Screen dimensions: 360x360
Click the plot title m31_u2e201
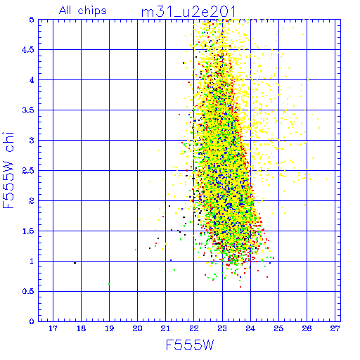(188, 12)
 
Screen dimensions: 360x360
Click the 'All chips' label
(83, 11)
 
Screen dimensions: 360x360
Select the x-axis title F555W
(190, 345)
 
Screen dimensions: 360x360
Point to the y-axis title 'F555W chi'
(8, 170)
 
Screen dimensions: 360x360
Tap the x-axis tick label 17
(53, 328)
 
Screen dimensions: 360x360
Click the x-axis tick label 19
(110, 328)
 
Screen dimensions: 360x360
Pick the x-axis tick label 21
(165, 328)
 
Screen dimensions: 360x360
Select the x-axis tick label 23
(222, 328)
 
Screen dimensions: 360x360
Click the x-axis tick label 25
(278, 328)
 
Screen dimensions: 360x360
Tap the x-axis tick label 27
(335, 328)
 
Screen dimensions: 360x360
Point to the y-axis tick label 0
(32, 321)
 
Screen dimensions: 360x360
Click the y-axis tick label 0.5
(28, 291)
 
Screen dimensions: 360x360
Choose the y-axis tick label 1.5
(28, 231)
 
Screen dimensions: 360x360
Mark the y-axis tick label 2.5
(28, 171)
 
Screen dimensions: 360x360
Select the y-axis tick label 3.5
(28, 110)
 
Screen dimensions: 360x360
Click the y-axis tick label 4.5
(28, 50)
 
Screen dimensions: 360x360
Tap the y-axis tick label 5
(32, 20)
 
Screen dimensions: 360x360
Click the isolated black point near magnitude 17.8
(75, 263)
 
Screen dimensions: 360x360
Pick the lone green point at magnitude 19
(109, 284)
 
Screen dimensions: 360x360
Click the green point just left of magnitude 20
(136, 250)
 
